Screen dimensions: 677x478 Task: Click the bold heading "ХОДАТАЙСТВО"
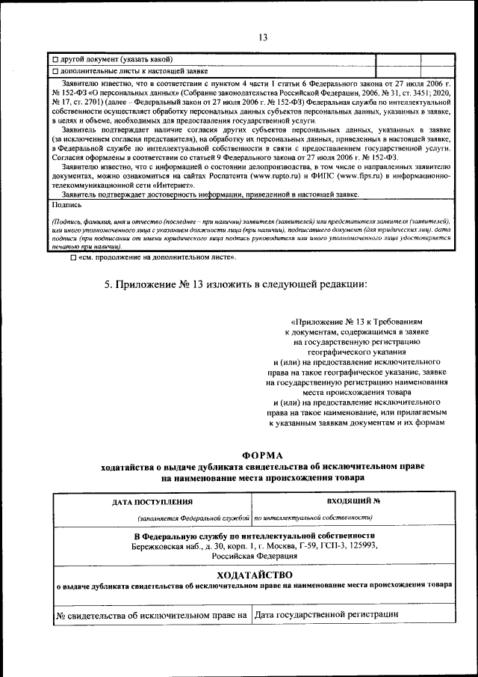click(x=252, y=575)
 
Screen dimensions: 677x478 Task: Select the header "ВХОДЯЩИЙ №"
click(x=354, y=501)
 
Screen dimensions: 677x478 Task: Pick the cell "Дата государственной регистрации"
click(x=326, y=615)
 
